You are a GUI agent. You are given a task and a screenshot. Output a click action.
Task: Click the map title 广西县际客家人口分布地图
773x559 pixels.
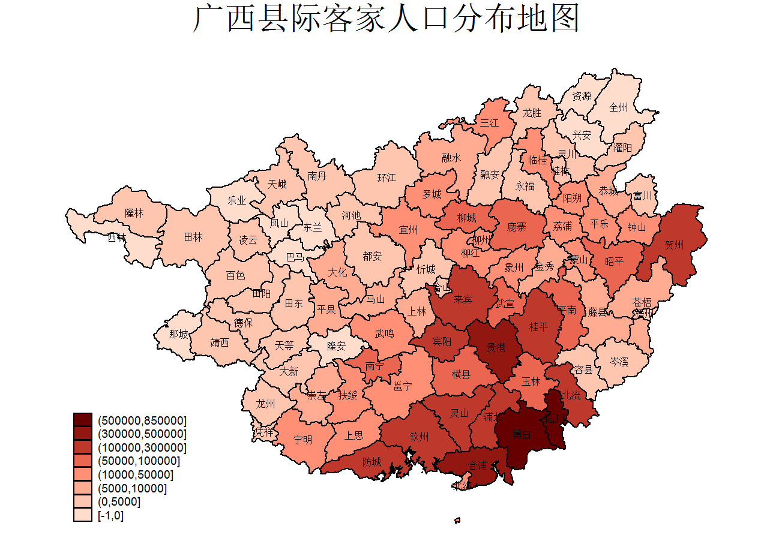point(386,19)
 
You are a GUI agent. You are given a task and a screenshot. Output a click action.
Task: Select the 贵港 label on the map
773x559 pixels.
point(495,347)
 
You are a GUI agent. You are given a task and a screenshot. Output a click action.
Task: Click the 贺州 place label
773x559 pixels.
point(674,245)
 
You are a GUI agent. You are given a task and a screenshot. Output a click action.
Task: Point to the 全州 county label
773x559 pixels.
point(618,108)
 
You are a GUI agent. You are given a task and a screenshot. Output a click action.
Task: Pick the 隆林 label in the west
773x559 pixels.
point(134,213)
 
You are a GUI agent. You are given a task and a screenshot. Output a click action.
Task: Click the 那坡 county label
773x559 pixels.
point(178,334)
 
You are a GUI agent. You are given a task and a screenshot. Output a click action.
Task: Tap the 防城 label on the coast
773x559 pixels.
point(371,462)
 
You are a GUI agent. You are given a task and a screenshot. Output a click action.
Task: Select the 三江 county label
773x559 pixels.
point(489,123)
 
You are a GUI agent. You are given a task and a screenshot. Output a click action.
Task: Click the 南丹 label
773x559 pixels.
point(317,176)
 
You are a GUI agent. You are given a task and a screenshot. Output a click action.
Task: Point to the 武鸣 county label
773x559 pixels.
point(384,333)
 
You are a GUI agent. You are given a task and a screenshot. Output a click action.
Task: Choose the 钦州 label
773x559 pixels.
point(419,436)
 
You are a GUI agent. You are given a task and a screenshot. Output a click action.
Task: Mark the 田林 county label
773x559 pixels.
point(193,237)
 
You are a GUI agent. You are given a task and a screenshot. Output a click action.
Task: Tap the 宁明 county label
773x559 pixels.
point(302,440)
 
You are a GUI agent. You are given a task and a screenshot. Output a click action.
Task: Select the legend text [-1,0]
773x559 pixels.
point(111,515)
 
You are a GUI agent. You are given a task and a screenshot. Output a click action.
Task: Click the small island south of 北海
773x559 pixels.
point(457,520)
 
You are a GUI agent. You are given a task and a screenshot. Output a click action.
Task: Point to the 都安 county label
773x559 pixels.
point(372,256)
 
